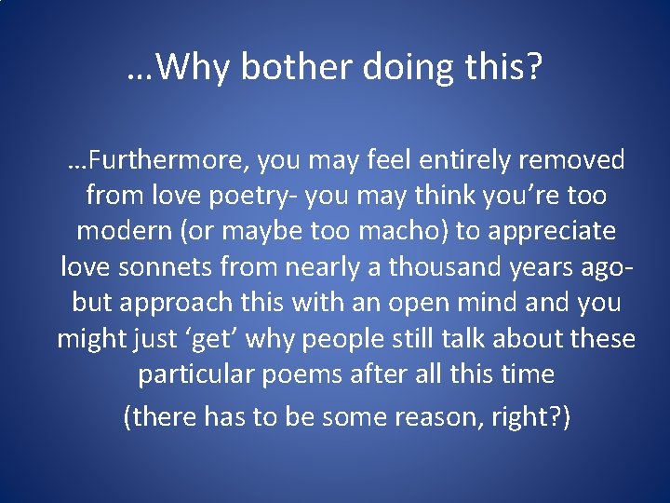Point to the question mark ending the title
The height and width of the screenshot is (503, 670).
532,67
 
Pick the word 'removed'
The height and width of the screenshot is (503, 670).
571,161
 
